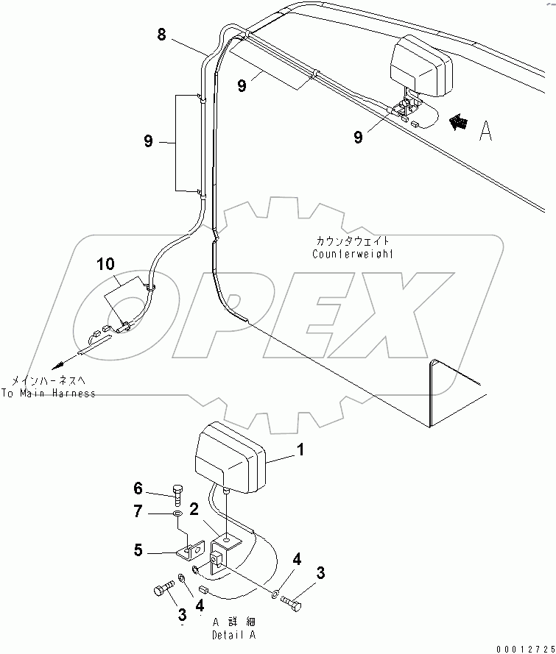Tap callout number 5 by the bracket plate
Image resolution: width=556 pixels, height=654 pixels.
click(x=138, y=550)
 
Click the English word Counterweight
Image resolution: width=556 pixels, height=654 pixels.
click(x=353, y=254)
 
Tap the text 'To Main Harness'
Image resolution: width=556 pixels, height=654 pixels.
click(x=49, y=394)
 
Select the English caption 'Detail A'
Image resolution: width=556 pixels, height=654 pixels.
click(x=233, y=634)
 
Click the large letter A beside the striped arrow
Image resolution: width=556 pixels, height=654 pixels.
click(x=486, y=130)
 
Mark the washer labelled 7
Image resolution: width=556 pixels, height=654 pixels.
click(x=178, y=513)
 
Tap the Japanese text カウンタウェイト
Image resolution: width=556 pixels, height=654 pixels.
click(x=352, y=241)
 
